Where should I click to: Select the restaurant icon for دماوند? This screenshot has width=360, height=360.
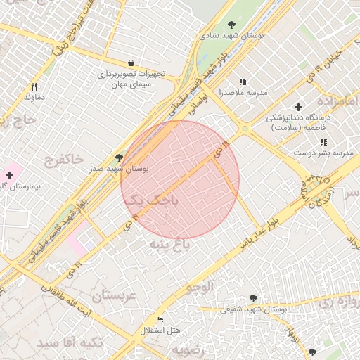33,87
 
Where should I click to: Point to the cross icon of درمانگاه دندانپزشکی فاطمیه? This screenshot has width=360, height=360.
299,108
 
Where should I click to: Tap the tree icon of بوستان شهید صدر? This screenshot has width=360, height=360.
119,158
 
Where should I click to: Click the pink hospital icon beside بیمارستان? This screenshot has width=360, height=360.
10,174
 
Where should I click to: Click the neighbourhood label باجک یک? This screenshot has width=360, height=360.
152,201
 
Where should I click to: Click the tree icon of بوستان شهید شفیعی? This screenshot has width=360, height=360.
253,298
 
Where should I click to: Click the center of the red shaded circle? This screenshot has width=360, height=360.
180,180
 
